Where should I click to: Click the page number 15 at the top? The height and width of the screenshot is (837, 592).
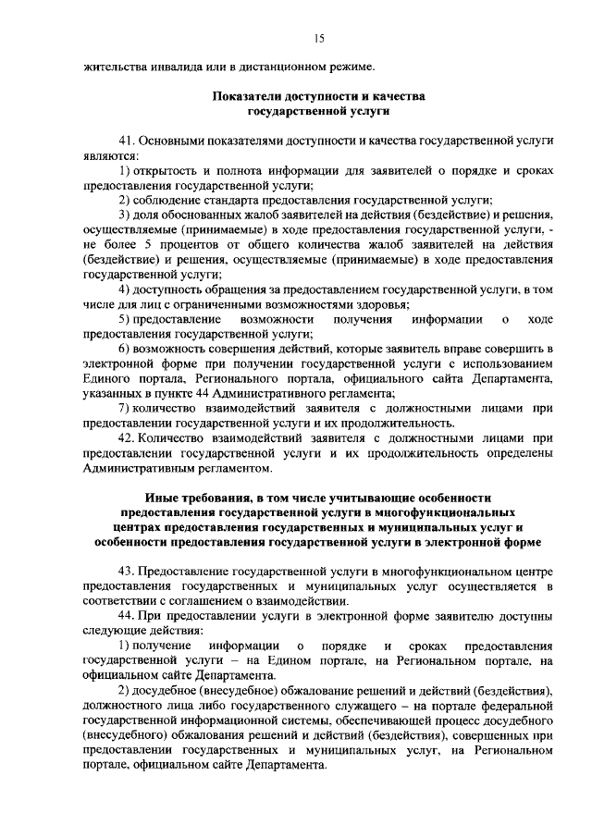[319, 38]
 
